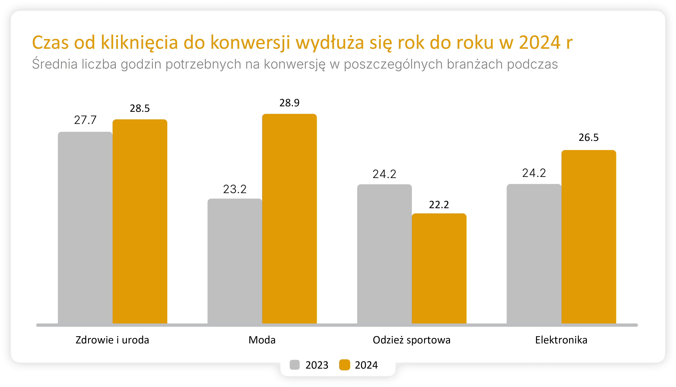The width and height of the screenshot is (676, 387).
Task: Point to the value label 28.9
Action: click(289, 103)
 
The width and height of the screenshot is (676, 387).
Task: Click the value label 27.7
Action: click(85, 120)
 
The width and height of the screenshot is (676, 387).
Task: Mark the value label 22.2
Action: click(439, 205)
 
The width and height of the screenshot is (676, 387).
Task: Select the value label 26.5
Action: click(589, 137)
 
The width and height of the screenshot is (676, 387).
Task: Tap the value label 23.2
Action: click(235, 189)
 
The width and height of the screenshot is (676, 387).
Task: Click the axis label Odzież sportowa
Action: click(412, 340)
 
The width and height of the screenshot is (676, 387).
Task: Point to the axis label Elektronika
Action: click(561, 340)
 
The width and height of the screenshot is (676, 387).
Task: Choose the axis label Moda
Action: click(262, 340)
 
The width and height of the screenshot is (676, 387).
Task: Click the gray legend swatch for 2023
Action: click(294, 365)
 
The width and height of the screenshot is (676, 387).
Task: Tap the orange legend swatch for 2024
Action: click(344, 365)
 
